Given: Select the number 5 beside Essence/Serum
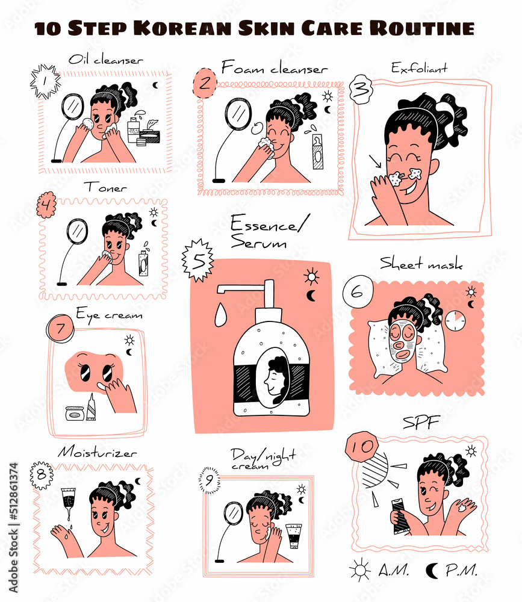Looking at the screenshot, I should click(198, 259).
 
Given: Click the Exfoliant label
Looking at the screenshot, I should click(419, 68).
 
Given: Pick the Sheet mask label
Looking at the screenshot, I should click(421, 264).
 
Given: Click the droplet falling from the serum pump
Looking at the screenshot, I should click(220, 312).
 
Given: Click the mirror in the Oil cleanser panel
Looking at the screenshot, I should click(72, 108).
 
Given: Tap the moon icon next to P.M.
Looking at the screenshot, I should click(432, 569).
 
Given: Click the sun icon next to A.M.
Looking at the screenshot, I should click(361, 569).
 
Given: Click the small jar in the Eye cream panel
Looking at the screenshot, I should click(75, 414).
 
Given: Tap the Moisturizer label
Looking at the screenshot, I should click(97, 452).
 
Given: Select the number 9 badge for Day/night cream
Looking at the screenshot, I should click(209, 480).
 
